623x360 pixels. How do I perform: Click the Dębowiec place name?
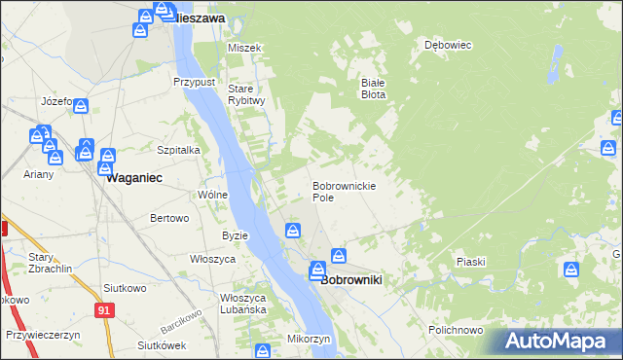pos(448,45)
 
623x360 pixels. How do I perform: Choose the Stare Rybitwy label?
pos(246,94)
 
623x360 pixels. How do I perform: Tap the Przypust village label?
pos(194,83)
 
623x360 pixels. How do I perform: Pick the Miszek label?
pos(243,48)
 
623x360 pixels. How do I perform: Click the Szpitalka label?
pos(178,150)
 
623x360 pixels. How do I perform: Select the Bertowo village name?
pos(168,218)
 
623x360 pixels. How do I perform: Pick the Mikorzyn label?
pos(310,339)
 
